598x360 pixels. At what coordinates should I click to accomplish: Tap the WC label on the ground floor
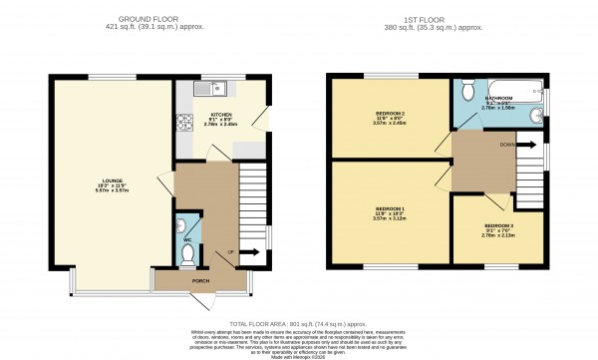(x=186, y=239)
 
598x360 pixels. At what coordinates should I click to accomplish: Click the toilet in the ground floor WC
(x=186, y=254)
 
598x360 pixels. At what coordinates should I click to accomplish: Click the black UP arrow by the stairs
(x=244, y=253)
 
